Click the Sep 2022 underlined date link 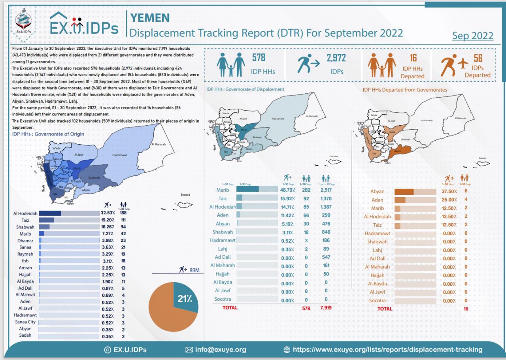pyautogui.click(x=472, y=36)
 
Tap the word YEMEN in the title pyautogui.click(x=150, y=17)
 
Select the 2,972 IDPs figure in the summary pyautogui.click(x=336, y=58)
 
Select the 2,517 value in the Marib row pyautogui.click(x=326, y=190)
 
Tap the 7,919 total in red pyautogui.click(x=326, y=308)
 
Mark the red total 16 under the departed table pyautogui.click(x=466, y=309)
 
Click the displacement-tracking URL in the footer pyautogui.click(x=387, y=349)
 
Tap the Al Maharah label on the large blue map pyautogui.click(x=158, y=144)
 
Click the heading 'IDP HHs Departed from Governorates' pyautogui.click(x=405, y=90)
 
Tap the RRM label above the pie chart pyautogui.click(x=194, y=270)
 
